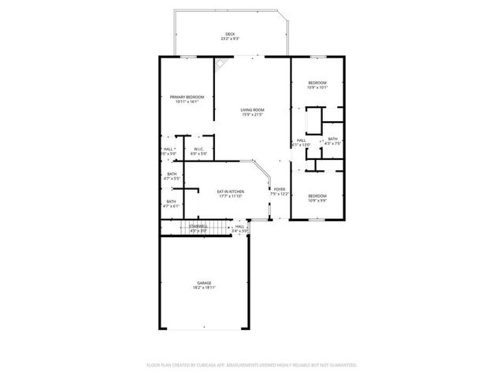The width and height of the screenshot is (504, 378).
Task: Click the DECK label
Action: coord(230,34)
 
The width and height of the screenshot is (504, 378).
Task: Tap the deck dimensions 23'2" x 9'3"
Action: coord(230,39)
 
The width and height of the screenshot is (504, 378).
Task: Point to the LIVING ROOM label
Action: coord(253,109)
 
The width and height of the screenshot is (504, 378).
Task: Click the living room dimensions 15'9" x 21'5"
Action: coord(253,115)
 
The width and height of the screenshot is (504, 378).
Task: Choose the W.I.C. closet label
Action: coord(200,149)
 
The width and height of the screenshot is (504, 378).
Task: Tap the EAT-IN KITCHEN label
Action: coord(231,191)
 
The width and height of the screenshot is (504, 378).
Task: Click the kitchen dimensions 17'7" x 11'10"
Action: coord(231,196)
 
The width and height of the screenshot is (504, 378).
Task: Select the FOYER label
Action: coord(279,189)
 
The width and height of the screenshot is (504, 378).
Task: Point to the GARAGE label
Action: coord(205,283)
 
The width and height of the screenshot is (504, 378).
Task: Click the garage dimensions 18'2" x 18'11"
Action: coord(205,288)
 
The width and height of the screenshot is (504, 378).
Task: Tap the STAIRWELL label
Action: coord(198,226)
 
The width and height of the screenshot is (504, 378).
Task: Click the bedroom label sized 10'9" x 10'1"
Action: coord(317,83)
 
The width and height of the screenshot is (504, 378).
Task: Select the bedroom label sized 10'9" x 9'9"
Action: coord(317,195)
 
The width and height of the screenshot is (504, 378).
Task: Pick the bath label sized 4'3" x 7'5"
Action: coord(333,139)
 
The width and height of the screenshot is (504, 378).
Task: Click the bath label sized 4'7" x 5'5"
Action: coord(172,174)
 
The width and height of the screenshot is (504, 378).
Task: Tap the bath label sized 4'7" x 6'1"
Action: coord(172,202)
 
